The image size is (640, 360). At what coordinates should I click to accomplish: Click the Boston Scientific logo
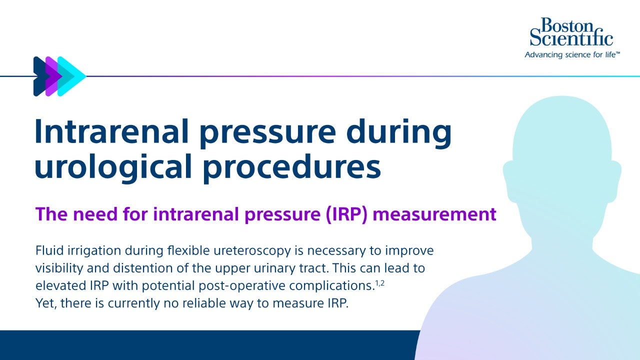click(571, 32)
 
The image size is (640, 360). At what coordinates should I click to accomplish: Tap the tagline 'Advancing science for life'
click(571, 54)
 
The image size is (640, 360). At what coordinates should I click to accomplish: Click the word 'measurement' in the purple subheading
click(435, 214)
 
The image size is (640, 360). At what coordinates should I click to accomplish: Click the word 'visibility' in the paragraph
click(56, 268)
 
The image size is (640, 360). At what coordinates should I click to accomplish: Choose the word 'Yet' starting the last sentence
click(43, 304)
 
